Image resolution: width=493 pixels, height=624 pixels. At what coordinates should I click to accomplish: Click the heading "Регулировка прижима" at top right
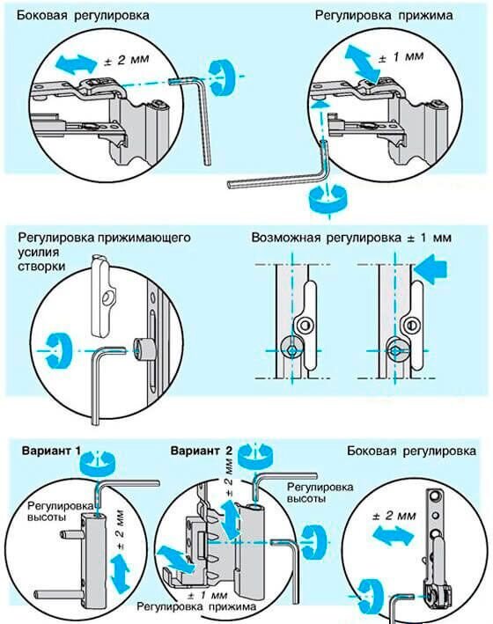384,16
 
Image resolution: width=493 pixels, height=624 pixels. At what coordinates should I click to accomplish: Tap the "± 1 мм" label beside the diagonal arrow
401,57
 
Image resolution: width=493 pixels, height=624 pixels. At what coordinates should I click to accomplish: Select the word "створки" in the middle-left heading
41,266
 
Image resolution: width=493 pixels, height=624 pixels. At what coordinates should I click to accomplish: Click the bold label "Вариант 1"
51,451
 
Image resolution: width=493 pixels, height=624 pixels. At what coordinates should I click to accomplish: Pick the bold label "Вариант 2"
201,451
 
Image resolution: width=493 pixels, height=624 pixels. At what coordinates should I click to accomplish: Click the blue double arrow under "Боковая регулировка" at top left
76,63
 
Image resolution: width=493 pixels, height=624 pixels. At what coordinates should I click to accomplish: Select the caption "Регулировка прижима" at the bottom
196,606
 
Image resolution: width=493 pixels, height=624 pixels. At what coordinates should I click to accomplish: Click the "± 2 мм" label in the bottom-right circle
394,516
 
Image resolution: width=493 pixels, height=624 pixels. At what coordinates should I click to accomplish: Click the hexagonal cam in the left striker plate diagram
291,349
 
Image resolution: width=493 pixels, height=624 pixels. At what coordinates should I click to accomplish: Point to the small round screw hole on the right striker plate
412,325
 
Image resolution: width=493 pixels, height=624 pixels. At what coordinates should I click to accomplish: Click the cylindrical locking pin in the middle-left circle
143,349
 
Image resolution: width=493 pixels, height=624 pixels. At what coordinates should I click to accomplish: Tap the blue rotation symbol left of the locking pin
58,350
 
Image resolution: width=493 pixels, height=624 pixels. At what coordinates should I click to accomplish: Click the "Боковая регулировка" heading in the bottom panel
411,451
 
